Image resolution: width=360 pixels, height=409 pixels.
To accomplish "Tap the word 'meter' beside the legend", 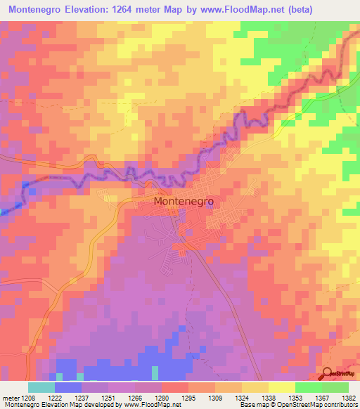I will click(x=9, y=397).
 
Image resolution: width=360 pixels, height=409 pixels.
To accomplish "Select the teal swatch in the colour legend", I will click(x=41, y=387).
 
